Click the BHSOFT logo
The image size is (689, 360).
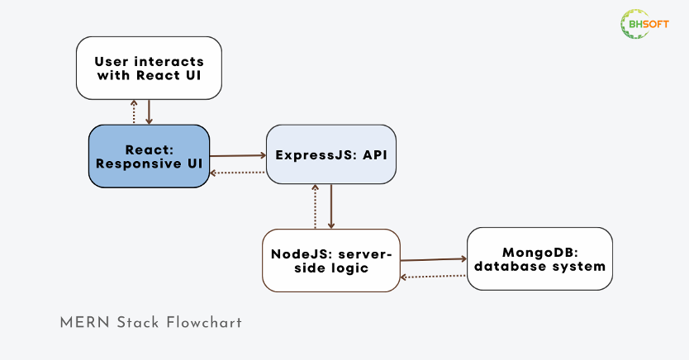[x=644, y=24]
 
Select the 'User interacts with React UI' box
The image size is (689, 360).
[x=149, y=68]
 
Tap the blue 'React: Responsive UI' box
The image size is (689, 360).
[x=149, y=156]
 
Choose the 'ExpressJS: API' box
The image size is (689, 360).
[x=331, y=154]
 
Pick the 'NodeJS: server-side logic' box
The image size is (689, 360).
[x=331, y=260]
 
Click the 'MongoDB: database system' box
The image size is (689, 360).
[x=539, y=259]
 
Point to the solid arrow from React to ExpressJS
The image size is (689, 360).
[x=238, y=155]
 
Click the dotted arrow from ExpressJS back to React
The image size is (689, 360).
[x=238, y=173]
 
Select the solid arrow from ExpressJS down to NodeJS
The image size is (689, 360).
[x=331, y=206]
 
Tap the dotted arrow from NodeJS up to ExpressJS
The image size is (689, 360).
[x=315, y=206]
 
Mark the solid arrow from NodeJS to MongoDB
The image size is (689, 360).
[x=433, y=259]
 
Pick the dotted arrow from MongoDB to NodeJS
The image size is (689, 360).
[x=433, y=277]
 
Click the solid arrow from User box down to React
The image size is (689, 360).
[x=149, y=112]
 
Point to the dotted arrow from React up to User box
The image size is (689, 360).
[x=134, y=112]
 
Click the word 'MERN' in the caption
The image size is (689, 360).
[x=85, y=323]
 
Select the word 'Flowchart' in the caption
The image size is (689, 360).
[x=204, y=323]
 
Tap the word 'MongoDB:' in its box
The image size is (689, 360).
[x=540, y=253]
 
